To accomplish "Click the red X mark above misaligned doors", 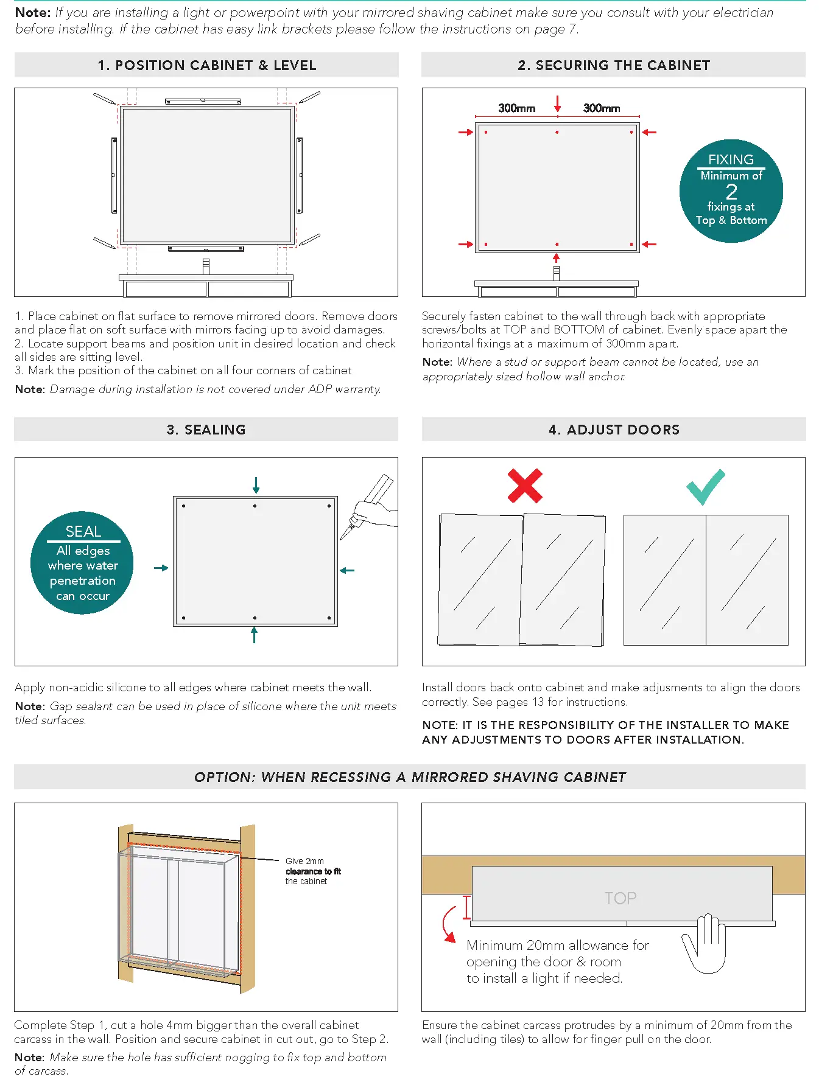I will tap(524, 486).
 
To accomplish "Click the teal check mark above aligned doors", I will tap(705, 486).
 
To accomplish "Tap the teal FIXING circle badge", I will tap(731, 191).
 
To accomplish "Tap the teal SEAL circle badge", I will tap(82, 563).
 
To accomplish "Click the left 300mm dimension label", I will tap(516, 108).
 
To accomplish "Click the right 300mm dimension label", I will tap(601, 108).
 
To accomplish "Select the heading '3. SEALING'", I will tap(206, 430).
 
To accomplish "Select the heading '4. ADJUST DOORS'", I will tap(613, 430).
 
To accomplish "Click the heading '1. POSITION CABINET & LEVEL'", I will tap(206, 65).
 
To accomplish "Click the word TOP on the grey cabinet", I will tap(620, 898).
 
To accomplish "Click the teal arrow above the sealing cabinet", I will tap(256, 485).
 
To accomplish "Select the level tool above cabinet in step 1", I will tap(203, 101).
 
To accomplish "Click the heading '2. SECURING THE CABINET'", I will tap(613, 65).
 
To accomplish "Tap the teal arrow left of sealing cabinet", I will tap(161, 568).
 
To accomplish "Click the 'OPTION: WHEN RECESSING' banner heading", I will tap(409, 777).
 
